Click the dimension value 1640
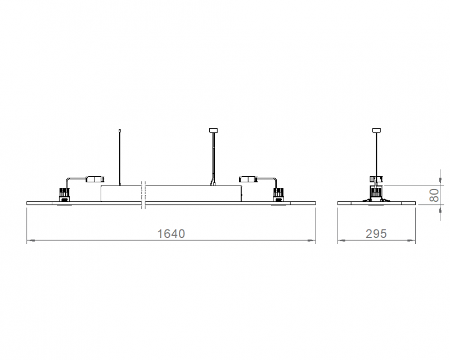click(171, 233)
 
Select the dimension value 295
click(376, 233)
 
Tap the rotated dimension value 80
click(434, 195)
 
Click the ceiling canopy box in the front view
click(213, 130)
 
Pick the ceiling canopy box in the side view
click(376, 130)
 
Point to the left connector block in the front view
click(95, 179)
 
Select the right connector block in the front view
click(248, 179)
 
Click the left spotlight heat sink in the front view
click(64, 193)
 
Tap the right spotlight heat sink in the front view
click(278, 193)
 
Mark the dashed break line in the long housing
click(144, 195)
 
